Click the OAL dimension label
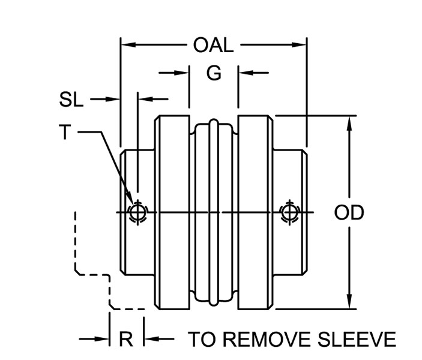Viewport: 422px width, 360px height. tap(213, 46)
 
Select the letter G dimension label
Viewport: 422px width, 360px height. tap(214, 73)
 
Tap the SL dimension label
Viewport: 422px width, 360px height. tap(71, 100)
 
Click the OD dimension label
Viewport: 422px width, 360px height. tap(349, 213)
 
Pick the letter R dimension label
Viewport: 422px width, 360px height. tap(125, 340)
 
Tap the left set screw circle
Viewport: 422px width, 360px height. tap(137, 212)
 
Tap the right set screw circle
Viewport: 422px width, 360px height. tap(289, 212)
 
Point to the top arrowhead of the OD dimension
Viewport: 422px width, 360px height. tap(349, 122)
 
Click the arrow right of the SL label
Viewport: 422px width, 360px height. tap(114, 98)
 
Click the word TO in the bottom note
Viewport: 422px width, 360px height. tap(201, 340)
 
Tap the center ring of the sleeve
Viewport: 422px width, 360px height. tap(214, 212)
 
